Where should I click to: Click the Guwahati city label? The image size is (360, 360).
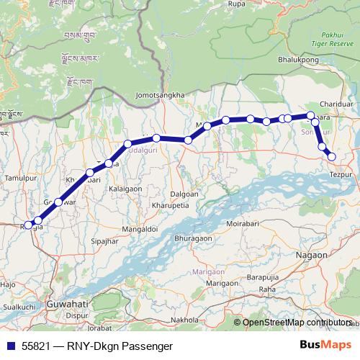(66, 305)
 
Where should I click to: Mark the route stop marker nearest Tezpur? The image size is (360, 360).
(331, 156)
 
